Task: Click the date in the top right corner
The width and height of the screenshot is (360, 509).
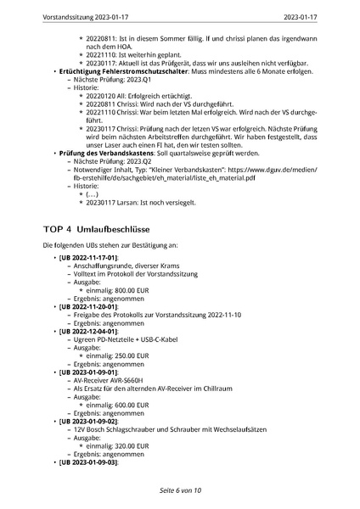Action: tap(323, 16)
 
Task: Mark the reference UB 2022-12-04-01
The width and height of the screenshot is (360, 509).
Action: tap(88, 331)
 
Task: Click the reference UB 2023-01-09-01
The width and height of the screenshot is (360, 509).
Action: tap(88, 372)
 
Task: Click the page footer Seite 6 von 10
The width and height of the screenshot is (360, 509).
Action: tap(180, 490)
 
